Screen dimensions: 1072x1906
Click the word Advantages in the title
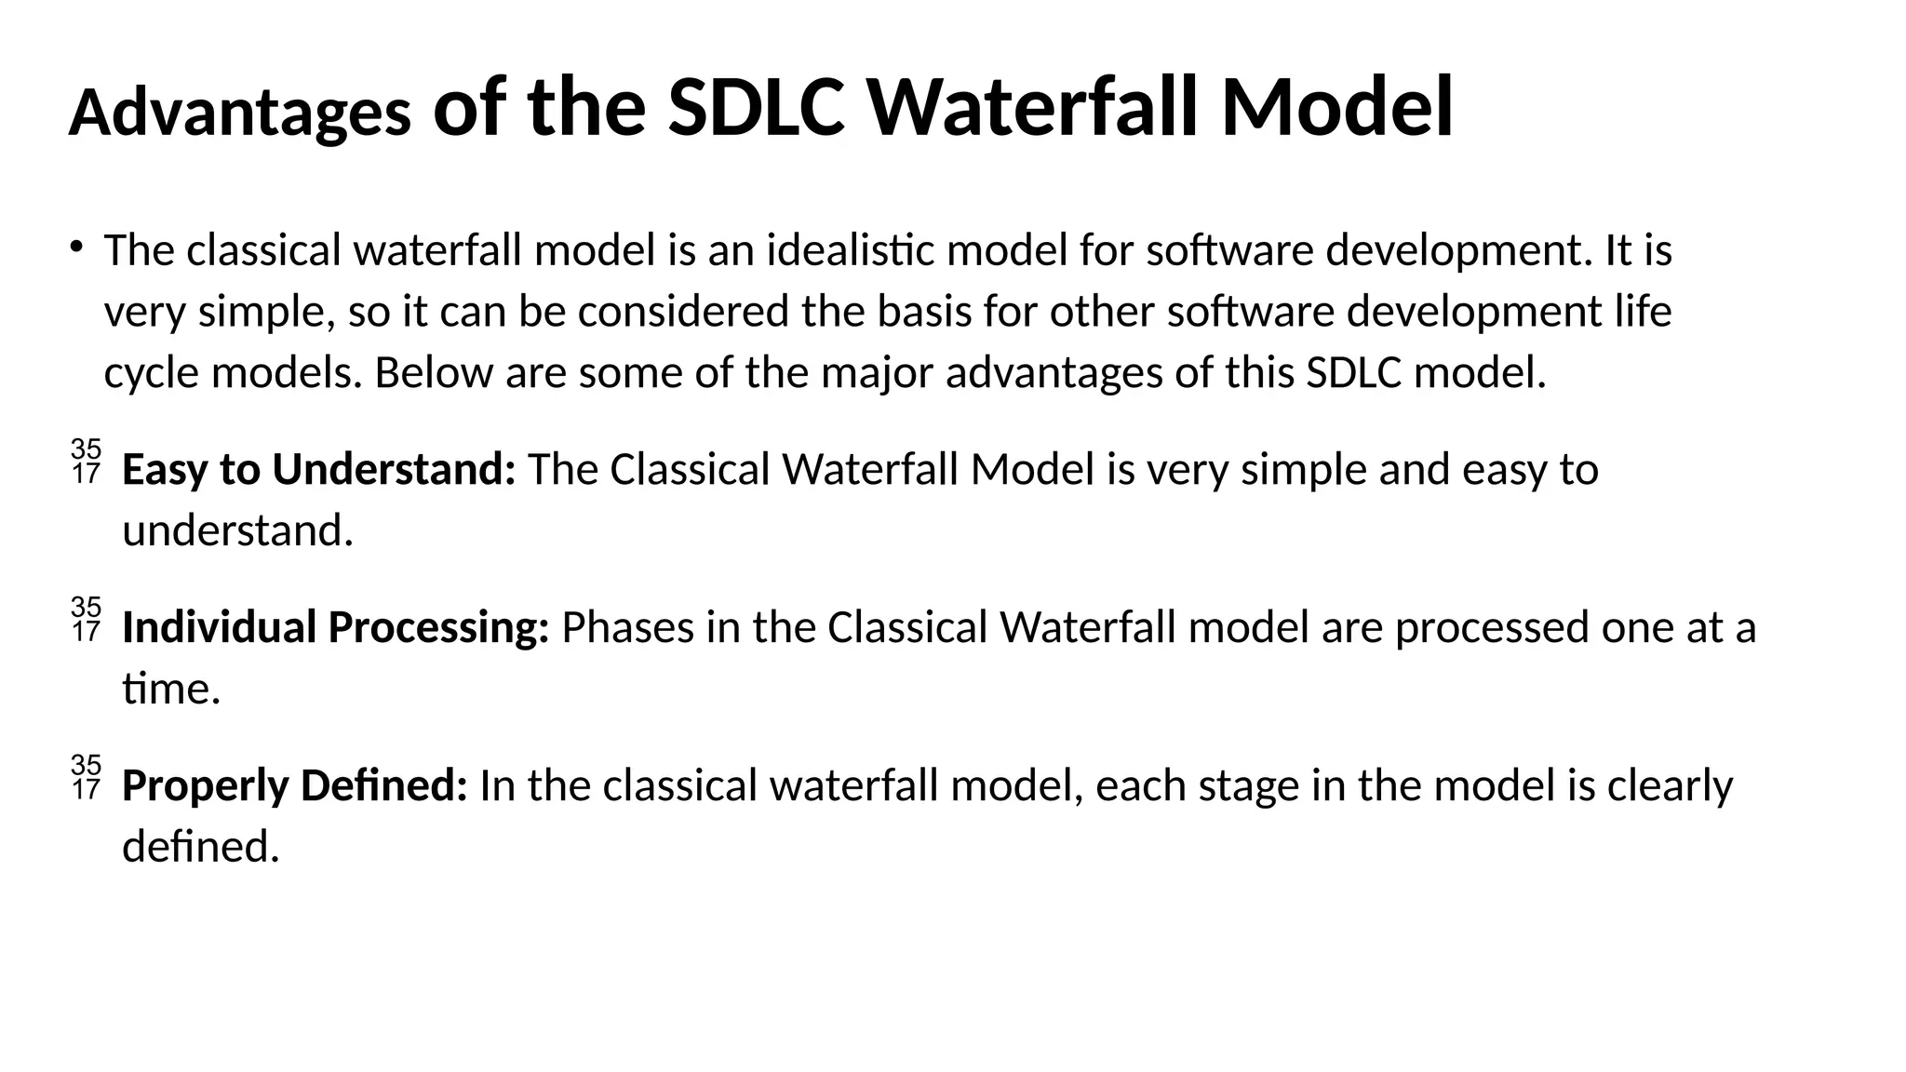pos(240,114)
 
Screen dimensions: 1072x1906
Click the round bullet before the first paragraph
pos(75,248)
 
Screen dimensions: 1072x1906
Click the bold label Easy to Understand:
pos(319,470)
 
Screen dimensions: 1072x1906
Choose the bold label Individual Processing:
pos(336,628)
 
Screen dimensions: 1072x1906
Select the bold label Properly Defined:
pos(295,786)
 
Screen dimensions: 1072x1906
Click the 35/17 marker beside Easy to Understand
pos(86,462)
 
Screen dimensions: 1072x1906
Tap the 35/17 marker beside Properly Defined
pos(86,778)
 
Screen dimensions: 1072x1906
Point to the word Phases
pos(628,628)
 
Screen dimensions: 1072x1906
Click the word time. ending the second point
pos(171,690)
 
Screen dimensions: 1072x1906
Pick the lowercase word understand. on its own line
pos(238,531)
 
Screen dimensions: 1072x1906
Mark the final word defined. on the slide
pos(201,848)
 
